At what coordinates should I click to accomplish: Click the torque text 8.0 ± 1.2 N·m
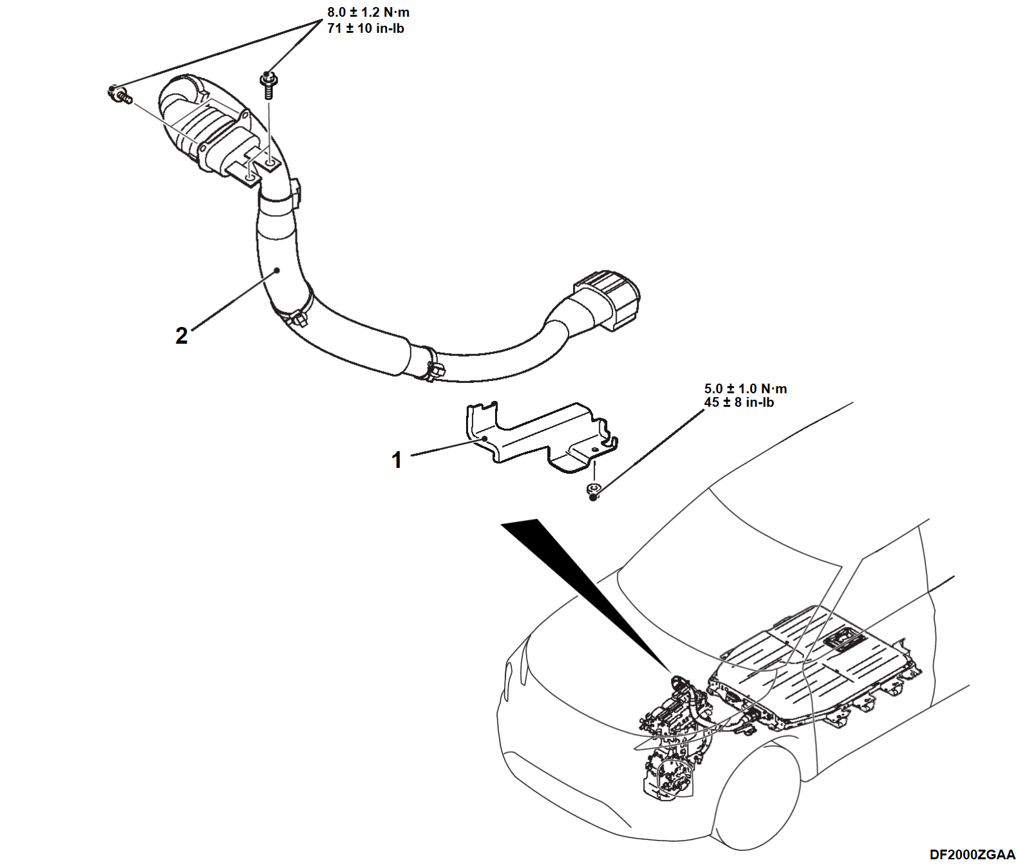(x=368, y=12)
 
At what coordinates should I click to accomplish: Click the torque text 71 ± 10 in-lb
(x=365, y=28)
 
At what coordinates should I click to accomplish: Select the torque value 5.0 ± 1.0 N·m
(x=745, y=389)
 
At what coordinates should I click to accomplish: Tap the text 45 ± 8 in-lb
(x=738, y=403)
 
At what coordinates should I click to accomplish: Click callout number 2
(x=182, y=335)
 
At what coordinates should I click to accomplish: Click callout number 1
(x=397, y=460)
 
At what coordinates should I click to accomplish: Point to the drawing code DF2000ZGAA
(x=972, y=855)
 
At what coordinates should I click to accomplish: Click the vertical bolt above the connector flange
(x=268, y=86)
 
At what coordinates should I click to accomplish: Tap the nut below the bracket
(x=594, y=490)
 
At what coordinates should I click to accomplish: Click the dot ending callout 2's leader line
(x=278, y=270)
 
